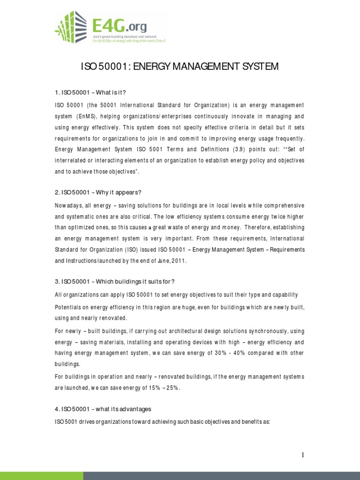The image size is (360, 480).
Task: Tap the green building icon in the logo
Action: point(70,27)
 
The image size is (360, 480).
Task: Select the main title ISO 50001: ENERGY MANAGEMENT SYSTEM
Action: point(180,67)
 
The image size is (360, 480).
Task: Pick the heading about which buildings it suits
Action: point(114,281)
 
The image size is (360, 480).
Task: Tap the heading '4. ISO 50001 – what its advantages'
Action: point(103,409)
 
